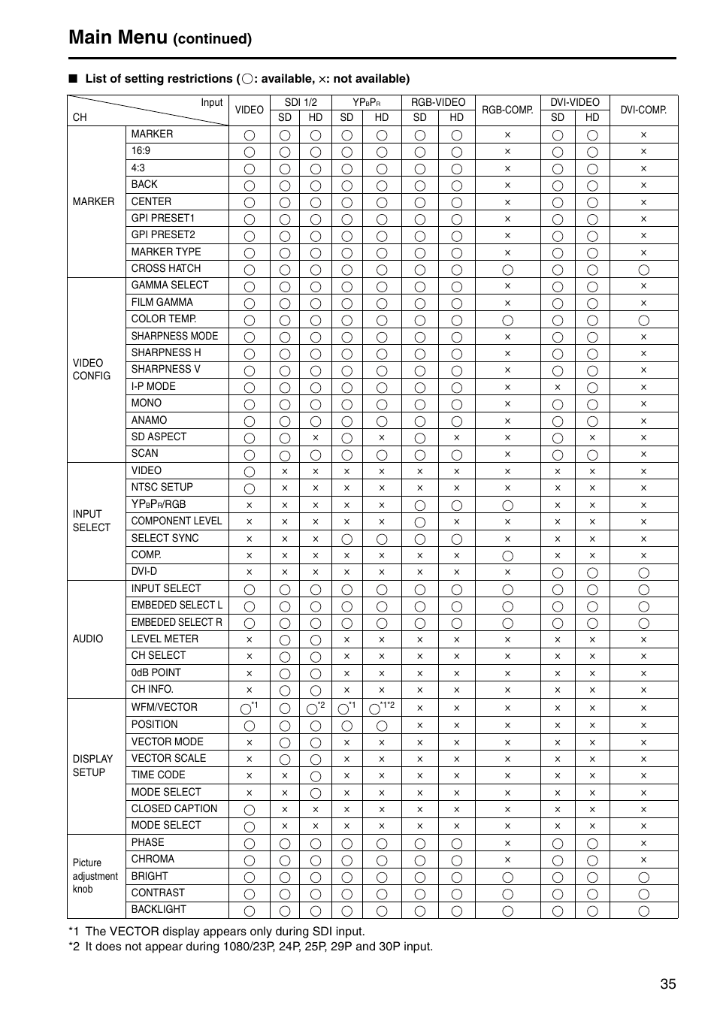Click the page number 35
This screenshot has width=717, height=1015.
(x=668, y=984)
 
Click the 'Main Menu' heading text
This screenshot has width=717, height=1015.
(x=117, y=37)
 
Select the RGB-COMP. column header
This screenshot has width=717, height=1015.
(x=507, y=110)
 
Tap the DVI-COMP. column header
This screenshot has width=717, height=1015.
(x=643, y=110)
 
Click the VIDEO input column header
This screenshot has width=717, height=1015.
(x=249, y=110)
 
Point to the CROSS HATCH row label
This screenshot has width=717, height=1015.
(x=166, y=268)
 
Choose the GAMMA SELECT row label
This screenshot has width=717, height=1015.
(x=170, y=285)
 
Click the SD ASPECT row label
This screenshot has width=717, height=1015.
(x=159, y=437)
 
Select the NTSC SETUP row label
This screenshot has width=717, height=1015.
(x=162, y=487)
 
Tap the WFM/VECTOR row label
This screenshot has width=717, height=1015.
(x=164, y=707)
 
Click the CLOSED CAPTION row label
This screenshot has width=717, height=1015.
(x=174, y=808)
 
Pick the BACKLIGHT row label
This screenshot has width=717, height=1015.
(x=159, y=909)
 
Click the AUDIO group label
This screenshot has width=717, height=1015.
(x=88, y=639)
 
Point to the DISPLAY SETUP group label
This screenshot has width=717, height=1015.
(x=92, y=766)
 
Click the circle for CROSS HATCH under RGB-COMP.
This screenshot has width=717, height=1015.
(x=507, y=270)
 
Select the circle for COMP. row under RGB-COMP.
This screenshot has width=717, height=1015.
(x=507, y=556)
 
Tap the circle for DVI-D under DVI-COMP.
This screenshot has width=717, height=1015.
(x=643, y=572)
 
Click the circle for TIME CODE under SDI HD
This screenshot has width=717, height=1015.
(x=316, y=776)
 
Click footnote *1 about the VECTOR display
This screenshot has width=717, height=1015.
(x=216, y=931)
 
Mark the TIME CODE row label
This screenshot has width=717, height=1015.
(x=158, y=775)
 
